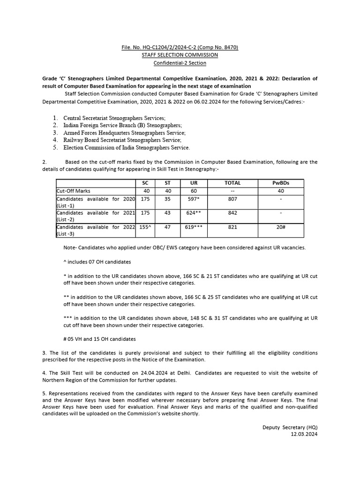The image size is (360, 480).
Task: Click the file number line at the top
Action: (x=180, y=47)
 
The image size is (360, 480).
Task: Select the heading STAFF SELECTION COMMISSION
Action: (x=180, y=55)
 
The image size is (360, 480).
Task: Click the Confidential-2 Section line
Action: (x=180, y=63)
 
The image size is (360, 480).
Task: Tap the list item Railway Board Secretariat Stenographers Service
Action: (x=122, y=140)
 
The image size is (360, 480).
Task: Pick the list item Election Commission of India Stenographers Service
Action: (x=127, y=148)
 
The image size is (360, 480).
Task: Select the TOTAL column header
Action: (x=232, y=183)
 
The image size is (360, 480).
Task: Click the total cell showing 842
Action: (x=232, y=213)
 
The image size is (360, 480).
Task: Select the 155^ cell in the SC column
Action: (x=145, y=226)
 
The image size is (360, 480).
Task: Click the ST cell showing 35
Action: (x=167, y=199)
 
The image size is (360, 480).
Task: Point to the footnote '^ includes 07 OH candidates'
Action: (x=97, y=262)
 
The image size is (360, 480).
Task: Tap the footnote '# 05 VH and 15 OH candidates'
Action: (x=99, y=339)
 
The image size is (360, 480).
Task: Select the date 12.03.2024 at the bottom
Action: (x=304, y=435)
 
